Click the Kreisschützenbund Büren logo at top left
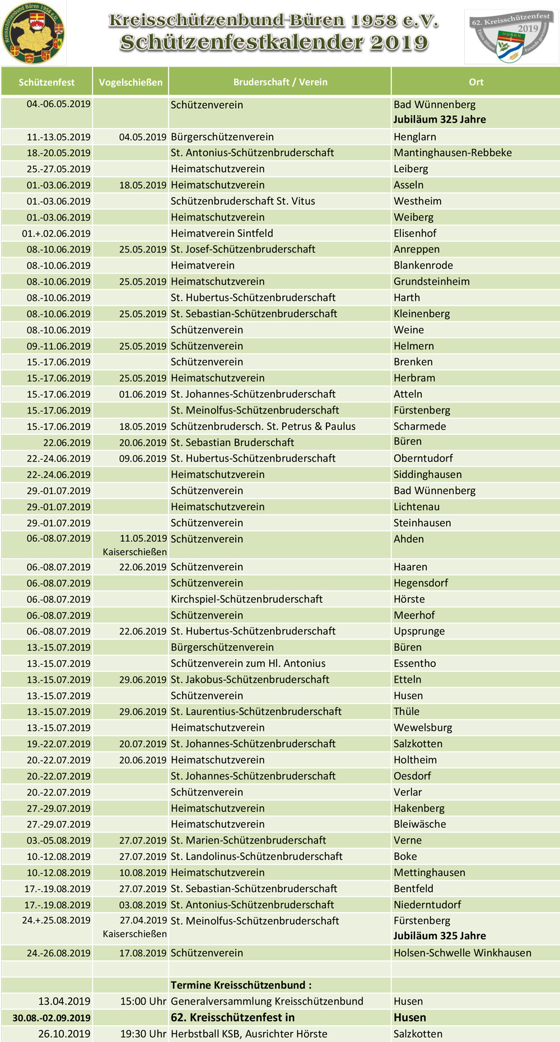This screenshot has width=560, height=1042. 33,32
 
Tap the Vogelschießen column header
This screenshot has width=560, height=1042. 130,82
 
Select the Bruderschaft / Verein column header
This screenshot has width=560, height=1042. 280,82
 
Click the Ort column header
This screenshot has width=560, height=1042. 476,82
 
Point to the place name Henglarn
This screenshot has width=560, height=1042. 414,137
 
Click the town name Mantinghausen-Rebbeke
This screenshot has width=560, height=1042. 452,153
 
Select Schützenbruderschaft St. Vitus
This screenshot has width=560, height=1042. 242,201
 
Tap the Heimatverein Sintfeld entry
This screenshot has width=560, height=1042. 222,233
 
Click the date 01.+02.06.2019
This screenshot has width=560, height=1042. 56,233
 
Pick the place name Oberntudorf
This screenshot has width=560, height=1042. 423,458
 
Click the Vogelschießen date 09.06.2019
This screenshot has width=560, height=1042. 143,458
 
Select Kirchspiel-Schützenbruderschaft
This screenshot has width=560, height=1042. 246,599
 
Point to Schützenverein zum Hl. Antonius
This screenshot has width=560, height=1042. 248,663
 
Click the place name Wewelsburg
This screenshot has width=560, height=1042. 423,727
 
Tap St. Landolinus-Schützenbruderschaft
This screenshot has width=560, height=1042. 256,856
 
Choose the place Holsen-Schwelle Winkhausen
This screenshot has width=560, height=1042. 462,953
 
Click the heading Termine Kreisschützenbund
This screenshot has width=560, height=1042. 241,985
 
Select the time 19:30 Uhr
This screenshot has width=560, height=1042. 143,1034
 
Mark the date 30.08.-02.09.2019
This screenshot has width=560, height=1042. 52,1017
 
